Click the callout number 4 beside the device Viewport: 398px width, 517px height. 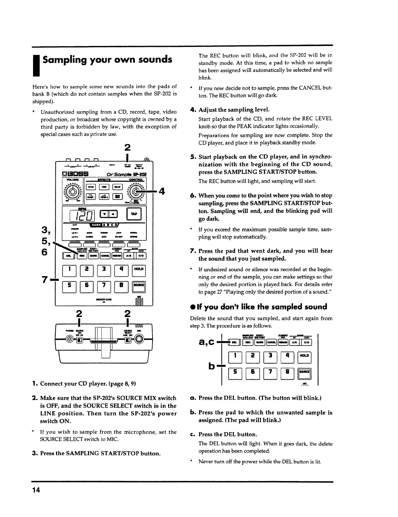coord(162,191)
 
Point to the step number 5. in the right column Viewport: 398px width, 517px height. coord(193,157)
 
